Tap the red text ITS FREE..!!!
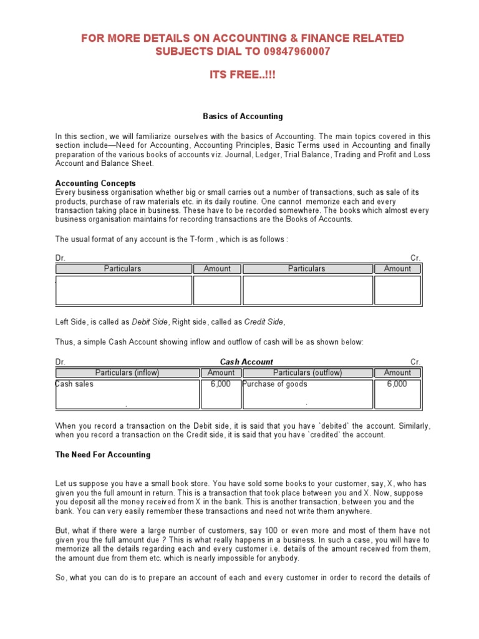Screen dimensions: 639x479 (242, 76)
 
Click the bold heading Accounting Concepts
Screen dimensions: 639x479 (95, 183)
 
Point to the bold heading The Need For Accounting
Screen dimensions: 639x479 (103, 455)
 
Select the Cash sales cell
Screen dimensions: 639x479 (75, 384)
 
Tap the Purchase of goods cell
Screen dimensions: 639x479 (275, 384)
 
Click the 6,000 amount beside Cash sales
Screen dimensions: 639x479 (220, 384)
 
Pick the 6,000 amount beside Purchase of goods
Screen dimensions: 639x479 (397, 384)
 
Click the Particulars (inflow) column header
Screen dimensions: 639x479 (127, 373)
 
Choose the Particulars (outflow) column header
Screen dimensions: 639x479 (307, 373)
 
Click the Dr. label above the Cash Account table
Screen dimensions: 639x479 (60, 362)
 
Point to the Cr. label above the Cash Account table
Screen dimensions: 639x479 (415, 362)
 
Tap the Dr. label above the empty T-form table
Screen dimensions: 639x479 (60, 258)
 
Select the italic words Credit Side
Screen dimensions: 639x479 (264, 322)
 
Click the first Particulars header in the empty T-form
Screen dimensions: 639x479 (122, 269)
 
